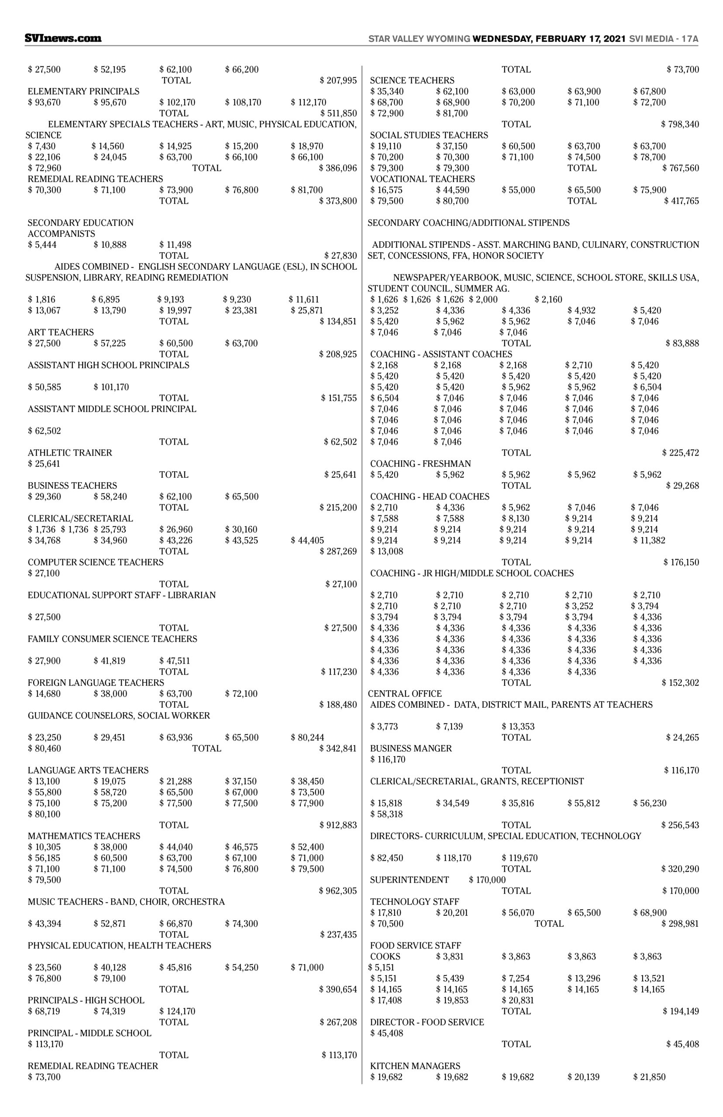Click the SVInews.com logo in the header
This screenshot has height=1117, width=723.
63,38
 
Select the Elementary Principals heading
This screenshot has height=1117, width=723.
83,92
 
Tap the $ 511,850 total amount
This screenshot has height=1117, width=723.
338,113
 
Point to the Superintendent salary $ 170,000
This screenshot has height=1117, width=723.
487,880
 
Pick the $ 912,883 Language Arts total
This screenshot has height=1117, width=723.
338,825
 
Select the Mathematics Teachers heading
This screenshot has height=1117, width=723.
84,836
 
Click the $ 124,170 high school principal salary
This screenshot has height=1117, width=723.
177,1011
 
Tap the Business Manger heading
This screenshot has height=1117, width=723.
411,748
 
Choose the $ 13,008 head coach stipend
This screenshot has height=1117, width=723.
386,551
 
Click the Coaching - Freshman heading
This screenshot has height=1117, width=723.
420,464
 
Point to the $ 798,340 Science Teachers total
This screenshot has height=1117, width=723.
680,124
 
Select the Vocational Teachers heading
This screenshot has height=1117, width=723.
422,179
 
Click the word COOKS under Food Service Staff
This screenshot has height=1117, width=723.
385,956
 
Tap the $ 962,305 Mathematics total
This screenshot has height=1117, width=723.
338,891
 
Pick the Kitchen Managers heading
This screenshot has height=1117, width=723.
415,1066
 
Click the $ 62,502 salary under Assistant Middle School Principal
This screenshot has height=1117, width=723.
44,431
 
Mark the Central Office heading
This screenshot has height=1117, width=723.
405,694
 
